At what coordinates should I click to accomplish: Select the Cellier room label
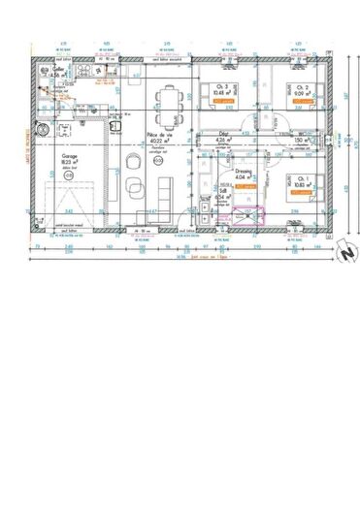[45, 71]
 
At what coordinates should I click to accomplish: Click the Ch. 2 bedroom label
[303, 86]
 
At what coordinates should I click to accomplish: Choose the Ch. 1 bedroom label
[302, 179]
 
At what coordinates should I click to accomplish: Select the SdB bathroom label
[223, 191]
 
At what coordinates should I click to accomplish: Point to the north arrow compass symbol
[341, 253]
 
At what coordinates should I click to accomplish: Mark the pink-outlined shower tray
[250, 217]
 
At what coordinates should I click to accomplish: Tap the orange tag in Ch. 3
[223, 100]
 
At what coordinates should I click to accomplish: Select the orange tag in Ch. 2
[303, 100]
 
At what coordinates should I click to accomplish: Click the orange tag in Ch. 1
[301, 194]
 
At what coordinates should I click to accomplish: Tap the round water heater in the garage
[42, 127]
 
